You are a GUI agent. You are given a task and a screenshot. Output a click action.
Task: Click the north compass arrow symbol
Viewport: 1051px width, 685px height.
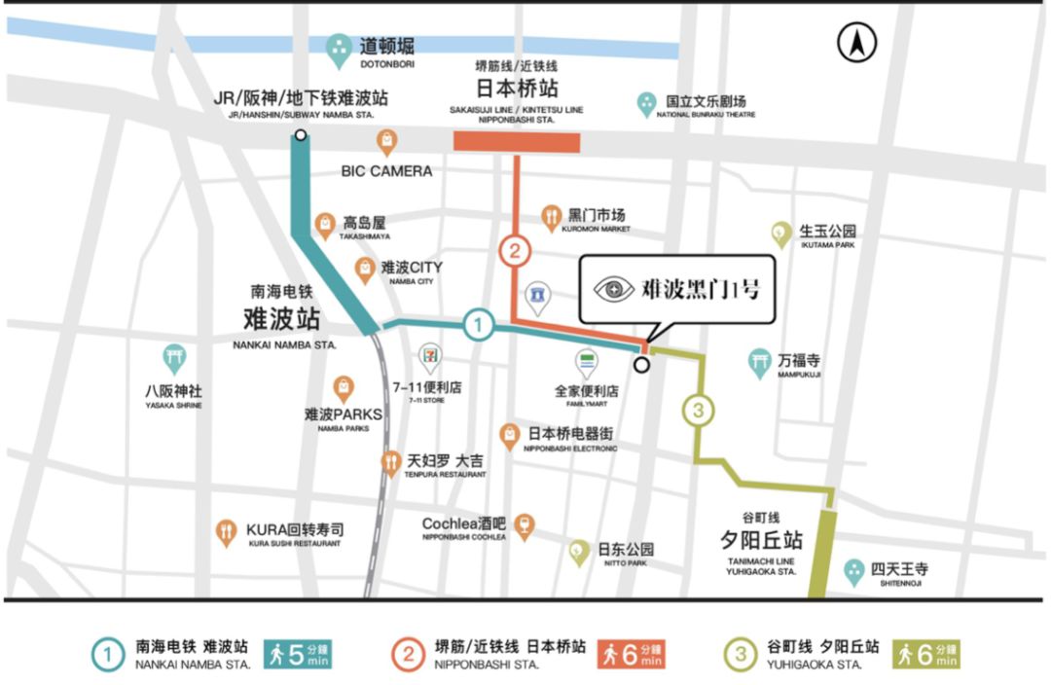[857, 43]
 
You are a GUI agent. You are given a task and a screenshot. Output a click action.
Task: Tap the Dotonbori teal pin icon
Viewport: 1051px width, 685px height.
[339, 50]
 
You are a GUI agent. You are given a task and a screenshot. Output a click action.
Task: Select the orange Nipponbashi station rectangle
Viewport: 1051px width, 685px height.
[517, 142]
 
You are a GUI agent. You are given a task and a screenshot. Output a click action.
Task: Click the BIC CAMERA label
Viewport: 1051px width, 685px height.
[386, 171]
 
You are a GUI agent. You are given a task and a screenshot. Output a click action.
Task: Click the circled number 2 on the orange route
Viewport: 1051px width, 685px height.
[516, 252]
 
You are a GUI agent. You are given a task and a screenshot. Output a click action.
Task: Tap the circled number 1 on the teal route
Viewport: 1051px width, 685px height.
[477, 324]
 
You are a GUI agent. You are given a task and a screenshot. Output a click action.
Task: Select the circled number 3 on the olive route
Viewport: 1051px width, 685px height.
[698, 411]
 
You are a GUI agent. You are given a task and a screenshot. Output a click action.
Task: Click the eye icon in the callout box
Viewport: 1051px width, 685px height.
[614, 288]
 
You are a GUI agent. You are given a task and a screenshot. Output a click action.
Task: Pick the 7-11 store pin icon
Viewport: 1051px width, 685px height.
[429, 356]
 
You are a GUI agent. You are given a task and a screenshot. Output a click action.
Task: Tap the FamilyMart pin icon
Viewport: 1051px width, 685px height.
[587, 363]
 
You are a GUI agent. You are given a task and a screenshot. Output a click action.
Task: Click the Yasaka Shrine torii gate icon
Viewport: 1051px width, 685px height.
[174, 358]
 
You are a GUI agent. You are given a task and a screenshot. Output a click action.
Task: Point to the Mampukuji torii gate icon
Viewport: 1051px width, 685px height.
[760, 362]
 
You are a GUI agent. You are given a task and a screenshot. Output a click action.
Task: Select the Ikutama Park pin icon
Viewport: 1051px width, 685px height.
[780, 234]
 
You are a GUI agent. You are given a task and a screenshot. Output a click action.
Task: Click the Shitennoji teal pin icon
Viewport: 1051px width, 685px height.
[854, 571]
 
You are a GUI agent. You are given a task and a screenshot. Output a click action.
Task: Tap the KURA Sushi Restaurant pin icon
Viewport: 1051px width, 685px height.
[226, 531]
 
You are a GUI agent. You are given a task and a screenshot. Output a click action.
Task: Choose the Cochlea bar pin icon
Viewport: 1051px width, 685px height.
[525, 526]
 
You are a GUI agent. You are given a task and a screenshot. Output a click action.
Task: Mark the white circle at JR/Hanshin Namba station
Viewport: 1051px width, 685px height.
[301, 134]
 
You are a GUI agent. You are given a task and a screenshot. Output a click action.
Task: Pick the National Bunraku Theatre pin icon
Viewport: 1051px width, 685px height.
[646, 103]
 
